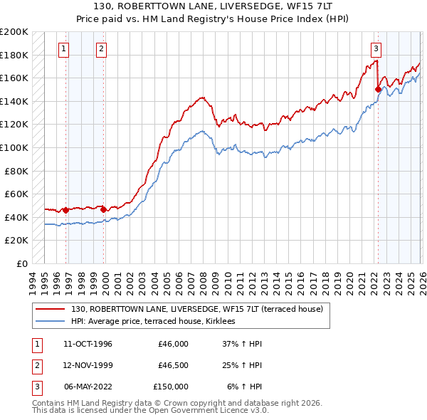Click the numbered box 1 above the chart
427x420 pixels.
pos(65,49)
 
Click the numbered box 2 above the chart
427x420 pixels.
pos(102,49)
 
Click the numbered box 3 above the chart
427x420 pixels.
pos(375,49)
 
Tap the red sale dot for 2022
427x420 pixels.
pos(378,89)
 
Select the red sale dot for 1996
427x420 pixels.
pos(65,210)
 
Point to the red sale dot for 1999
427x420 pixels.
pos(103,209)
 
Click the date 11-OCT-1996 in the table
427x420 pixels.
pos(88,344)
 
